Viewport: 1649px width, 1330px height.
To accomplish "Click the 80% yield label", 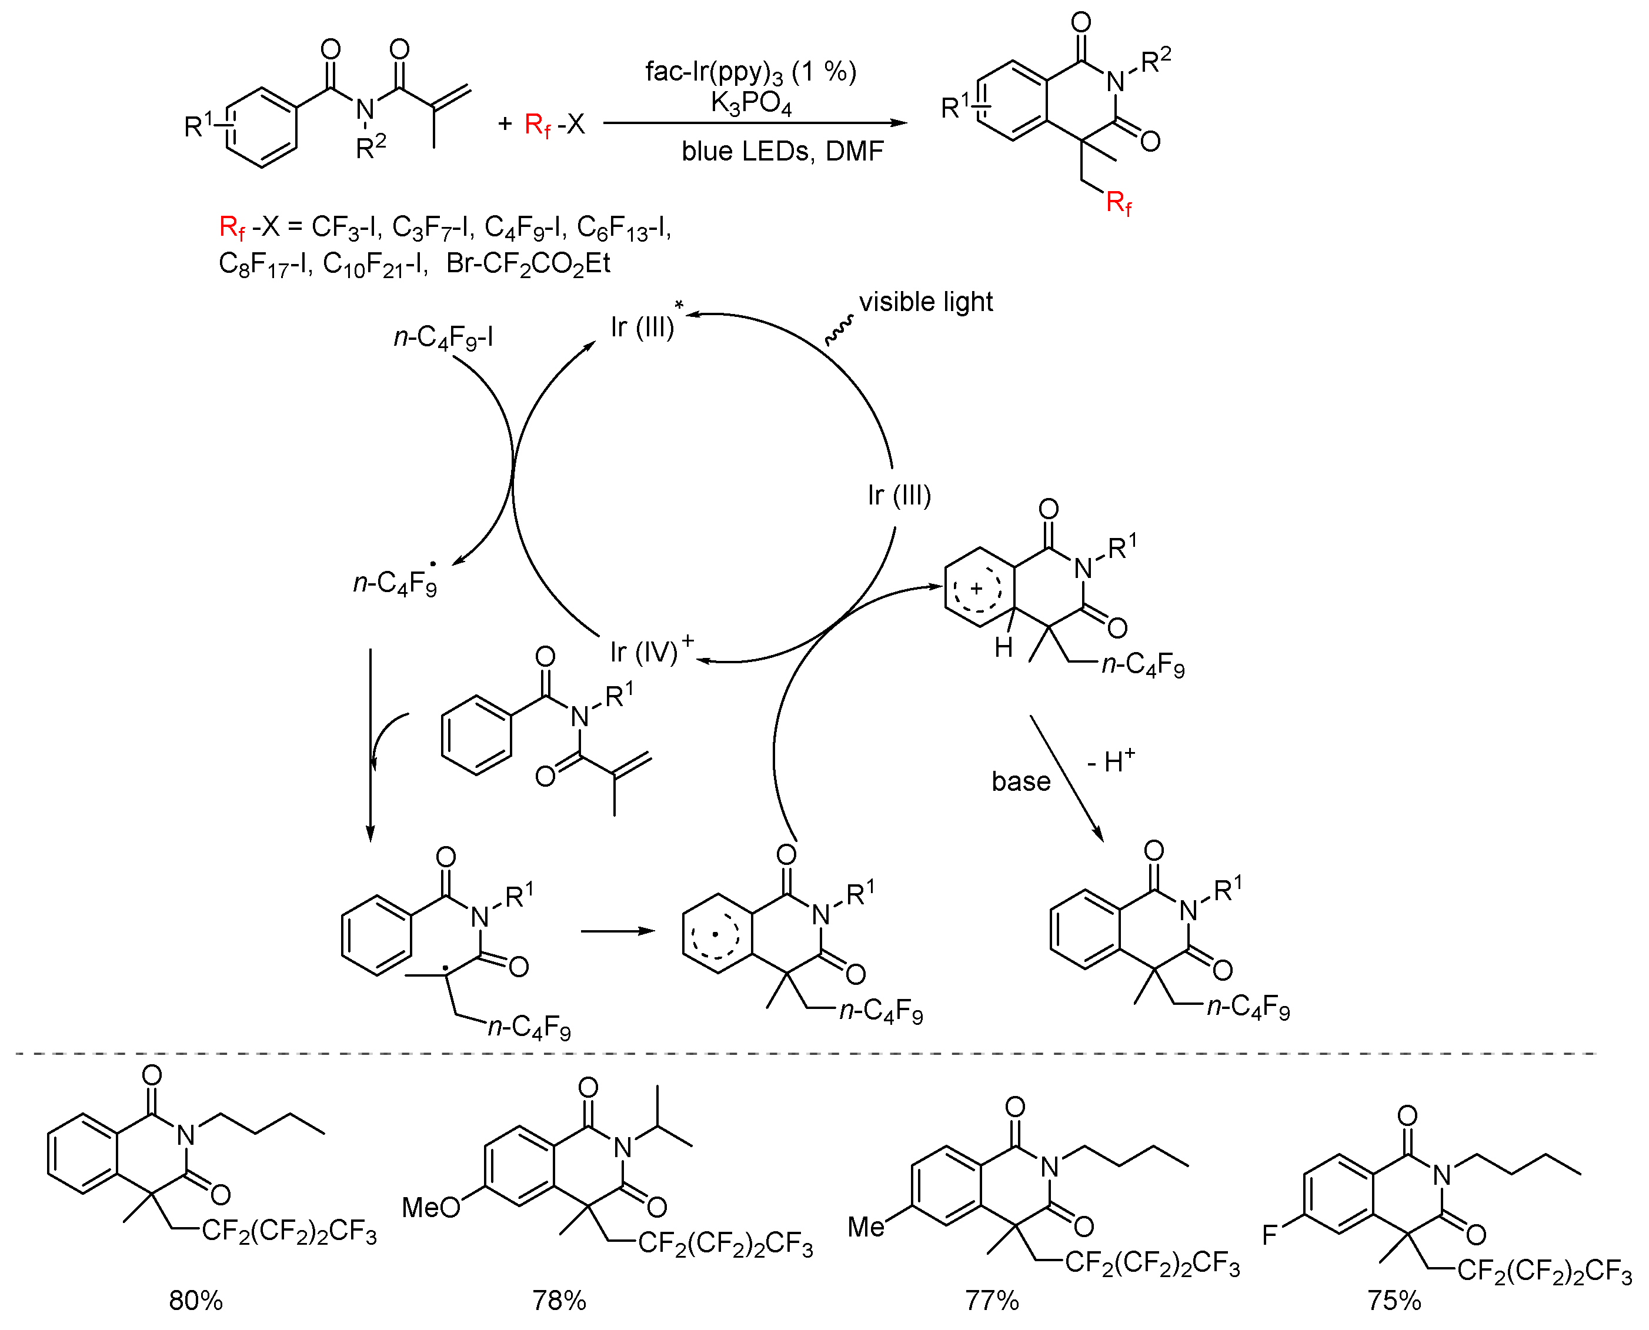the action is point(196,1300).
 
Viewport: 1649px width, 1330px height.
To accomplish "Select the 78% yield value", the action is point(559,1300).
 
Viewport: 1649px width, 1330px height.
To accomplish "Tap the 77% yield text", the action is point(992,1300).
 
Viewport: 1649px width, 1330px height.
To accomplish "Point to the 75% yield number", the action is point(1394,1300).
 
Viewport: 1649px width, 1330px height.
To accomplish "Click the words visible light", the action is point(926,302).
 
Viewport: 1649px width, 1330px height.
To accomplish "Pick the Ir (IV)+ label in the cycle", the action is point(652,650).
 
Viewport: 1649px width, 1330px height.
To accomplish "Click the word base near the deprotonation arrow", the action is point(1021,781).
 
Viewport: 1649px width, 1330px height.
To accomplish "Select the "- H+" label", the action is point(1111,761).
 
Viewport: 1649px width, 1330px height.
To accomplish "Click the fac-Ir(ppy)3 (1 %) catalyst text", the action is point(751,72).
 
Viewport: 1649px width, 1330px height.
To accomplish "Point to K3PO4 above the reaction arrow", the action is point(751,103).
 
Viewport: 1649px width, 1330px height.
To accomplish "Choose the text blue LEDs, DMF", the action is point(782,152).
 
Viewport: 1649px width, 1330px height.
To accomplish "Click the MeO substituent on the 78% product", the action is point(430,1208).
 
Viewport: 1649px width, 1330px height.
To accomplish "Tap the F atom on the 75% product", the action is point(1270,1235).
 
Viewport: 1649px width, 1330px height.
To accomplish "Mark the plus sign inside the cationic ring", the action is point(976,589).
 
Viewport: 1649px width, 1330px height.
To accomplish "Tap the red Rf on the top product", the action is point(1119,205).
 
